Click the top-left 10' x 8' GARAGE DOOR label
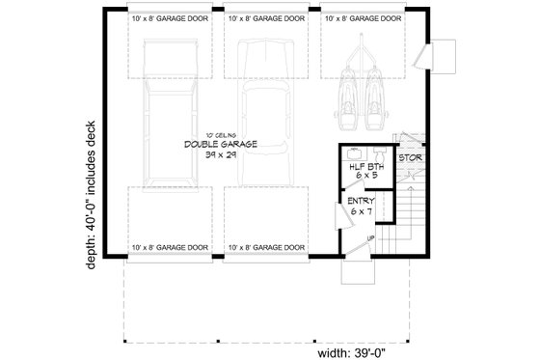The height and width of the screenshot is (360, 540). coord(171,18)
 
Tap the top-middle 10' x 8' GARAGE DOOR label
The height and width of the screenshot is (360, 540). coord(265,18)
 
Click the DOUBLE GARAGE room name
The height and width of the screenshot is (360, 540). coord(221,144)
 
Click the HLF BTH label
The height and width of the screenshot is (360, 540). coord(364,167)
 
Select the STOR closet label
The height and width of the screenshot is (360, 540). coord(410,156)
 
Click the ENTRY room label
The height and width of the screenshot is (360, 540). coord(362,201)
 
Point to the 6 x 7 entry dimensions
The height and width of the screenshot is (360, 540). coord(362,211)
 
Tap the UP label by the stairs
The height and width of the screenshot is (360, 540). coord(370,235)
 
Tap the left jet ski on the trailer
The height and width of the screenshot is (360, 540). coord(350,92)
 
